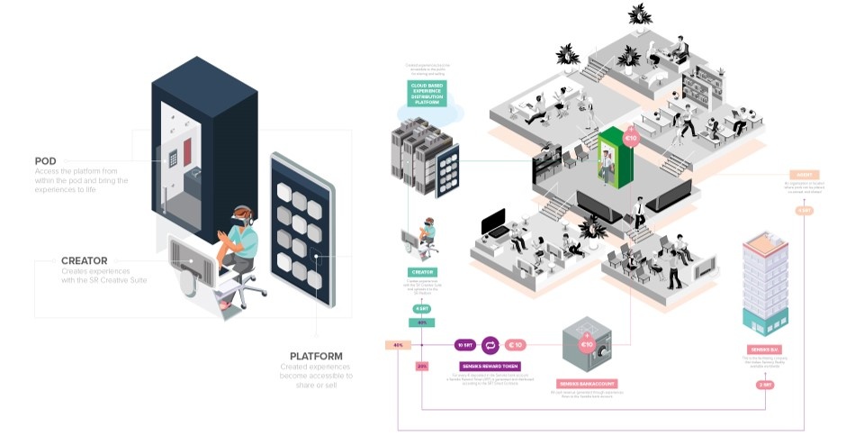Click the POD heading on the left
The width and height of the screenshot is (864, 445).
click(46, 161)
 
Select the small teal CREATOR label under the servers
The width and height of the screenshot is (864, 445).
click(422, 271)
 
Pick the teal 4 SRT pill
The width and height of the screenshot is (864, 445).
click(421, 310)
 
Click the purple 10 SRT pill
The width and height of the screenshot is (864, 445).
click(464, 344)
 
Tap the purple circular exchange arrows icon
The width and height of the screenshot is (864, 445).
click(491, 344)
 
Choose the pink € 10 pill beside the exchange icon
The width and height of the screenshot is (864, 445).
click(517, 344)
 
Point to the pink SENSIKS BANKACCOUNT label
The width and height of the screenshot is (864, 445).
click(586, 384)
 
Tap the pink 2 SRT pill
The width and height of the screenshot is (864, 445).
click(765, 385)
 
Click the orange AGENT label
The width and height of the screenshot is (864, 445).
click(804, 174)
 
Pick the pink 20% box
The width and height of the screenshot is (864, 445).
click(422, 365)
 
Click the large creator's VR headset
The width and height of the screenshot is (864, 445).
click(240, 214)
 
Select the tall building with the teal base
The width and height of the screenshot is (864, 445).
click(766, 283)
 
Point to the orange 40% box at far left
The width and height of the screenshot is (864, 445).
click(398, 345)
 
